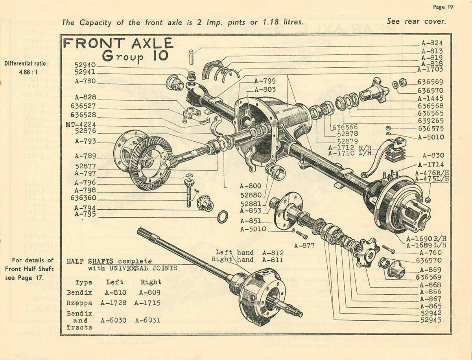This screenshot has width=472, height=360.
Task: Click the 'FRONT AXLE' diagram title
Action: tap(118, 43)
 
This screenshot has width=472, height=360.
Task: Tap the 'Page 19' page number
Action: tap(443, 7)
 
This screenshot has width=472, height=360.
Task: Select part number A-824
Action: tap(432, 43)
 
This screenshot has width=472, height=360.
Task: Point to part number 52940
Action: tap(85, 65)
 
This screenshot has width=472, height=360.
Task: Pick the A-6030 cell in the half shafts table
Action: tap(113, 320)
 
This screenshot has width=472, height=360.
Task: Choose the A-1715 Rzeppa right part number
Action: tap(147, 303)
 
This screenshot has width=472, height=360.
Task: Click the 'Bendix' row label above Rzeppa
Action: tap(79, 293)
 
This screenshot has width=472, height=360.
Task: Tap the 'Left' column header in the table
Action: tap(114, 282)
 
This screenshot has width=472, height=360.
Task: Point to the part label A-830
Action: tap(433, 155)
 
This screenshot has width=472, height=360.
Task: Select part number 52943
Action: tap(431, 320)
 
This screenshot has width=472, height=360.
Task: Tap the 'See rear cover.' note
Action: tap(416, 22)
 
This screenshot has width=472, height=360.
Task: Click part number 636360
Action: tap(83, 198)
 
